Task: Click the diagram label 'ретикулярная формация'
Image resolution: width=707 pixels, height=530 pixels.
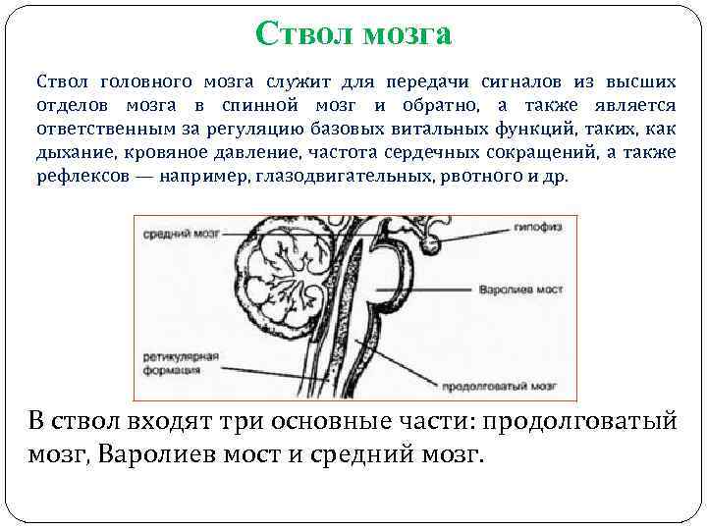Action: (173, 364)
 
